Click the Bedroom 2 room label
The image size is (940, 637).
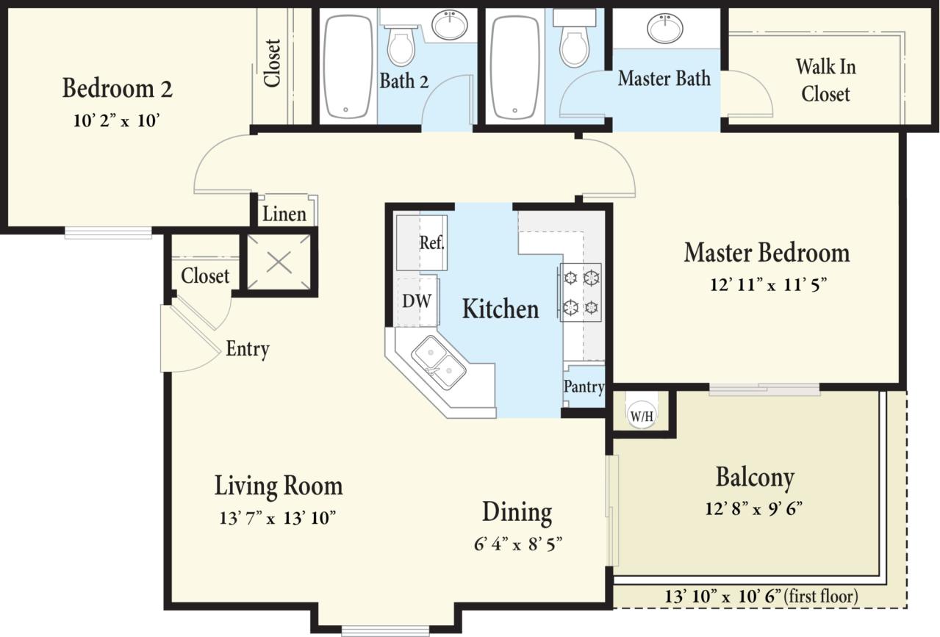coord(117,89)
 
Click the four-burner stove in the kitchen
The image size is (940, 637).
coord(581,292)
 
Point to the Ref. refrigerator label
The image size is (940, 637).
coord(432,243)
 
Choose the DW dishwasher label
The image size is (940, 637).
coord(416,300)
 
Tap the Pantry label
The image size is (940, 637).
coord(584,386)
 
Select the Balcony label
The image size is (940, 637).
coord(755,478)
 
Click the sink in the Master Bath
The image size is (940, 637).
coord(664,29)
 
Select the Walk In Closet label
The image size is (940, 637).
coord(825,80)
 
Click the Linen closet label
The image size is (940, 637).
coord(284,214)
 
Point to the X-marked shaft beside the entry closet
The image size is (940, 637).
coord(279,262)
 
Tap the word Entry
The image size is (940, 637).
coord(247,349)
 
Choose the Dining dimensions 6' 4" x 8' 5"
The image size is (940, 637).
coord(518,544)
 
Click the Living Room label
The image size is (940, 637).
coord(278,486)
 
